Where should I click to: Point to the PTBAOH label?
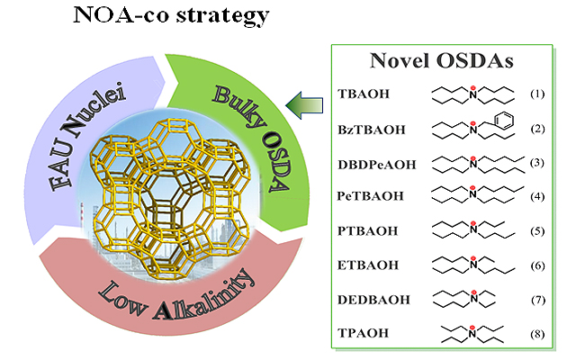tap(364, 229)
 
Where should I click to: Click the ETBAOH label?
tap(364, 264)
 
